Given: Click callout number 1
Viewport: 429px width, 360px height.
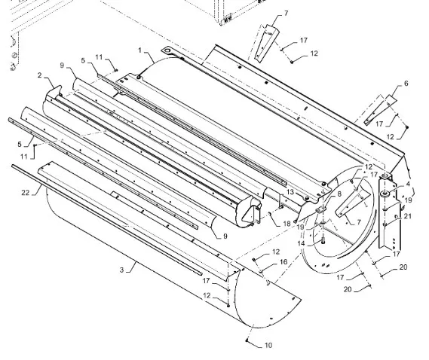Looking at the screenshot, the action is [140, 50].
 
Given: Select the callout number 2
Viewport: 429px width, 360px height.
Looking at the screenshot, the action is [40, 75].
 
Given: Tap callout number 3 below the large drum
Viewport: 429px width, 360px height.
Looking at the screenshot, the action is [121, 270].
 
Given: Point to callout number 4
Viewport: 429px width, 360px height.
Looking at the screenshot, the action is [408, 184].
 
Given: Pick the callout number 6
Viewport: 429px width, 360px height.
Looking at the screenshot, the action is [406, 84].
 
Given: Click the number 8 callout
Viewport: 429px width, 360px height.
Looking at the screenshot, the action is [339, 194].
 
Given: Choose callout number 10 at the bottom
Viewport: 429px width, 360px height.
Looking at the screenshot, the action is [268, 345].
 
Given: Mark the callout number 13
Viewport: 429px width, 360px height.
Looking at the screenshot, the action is [290, 192].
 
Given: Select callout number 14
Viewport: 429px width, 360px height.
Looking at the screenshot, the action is [301, 243].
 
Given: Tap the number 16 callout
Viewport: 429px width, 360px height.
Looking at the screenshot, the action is [283, 262].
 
